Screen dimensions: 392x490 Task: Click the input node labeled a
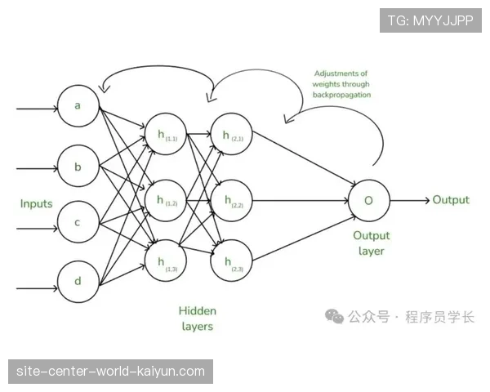pyautogui.click(x=78, y=106)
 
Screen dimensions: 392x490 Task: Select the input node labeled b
pyautogui.click(x=78, y=168)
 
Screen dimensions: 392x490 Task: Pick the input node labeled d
pyautogui.click(x=78, y=282)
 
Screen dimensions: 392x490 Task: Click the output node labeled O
pyautogui.click(x=368, y=200)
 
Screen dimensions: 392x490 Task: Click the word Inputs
pyautogui.click(x=36, y=203)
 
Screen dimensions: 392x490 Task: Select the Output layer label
pyautogui.click(x=372, y=243)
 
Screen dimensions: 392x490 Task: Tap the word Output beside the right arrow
pyautogui.click(x=451, y=200)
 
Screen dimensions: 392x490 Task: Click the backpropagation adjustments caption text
pyautogui.click(x=341, y=84)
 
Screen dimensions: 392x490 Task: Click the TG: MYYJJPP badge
pyautogui.click(x=430, y=20)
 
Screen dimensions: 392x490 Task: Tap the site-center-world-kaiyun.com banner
pyautogui.click(x=111, y=372)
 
